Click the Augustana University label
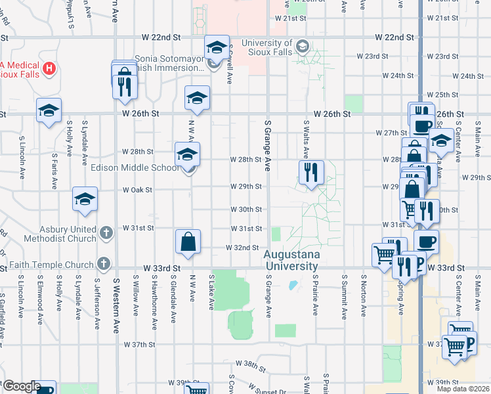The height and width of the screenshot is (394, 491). pyautogui.click(x=291, y=260)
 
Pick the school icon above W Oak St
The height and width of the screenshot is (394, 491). pyautogui.click(x=85, y=199)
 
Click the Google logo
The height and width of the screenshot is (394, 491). pyautogui.click(x=22, y=386)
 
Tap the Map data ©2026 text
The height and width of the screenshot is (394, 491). pyautogui.click(x=462, y=389)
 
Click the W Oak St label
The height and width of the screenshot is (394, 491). pyautogui.click(x=138, y=190)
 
